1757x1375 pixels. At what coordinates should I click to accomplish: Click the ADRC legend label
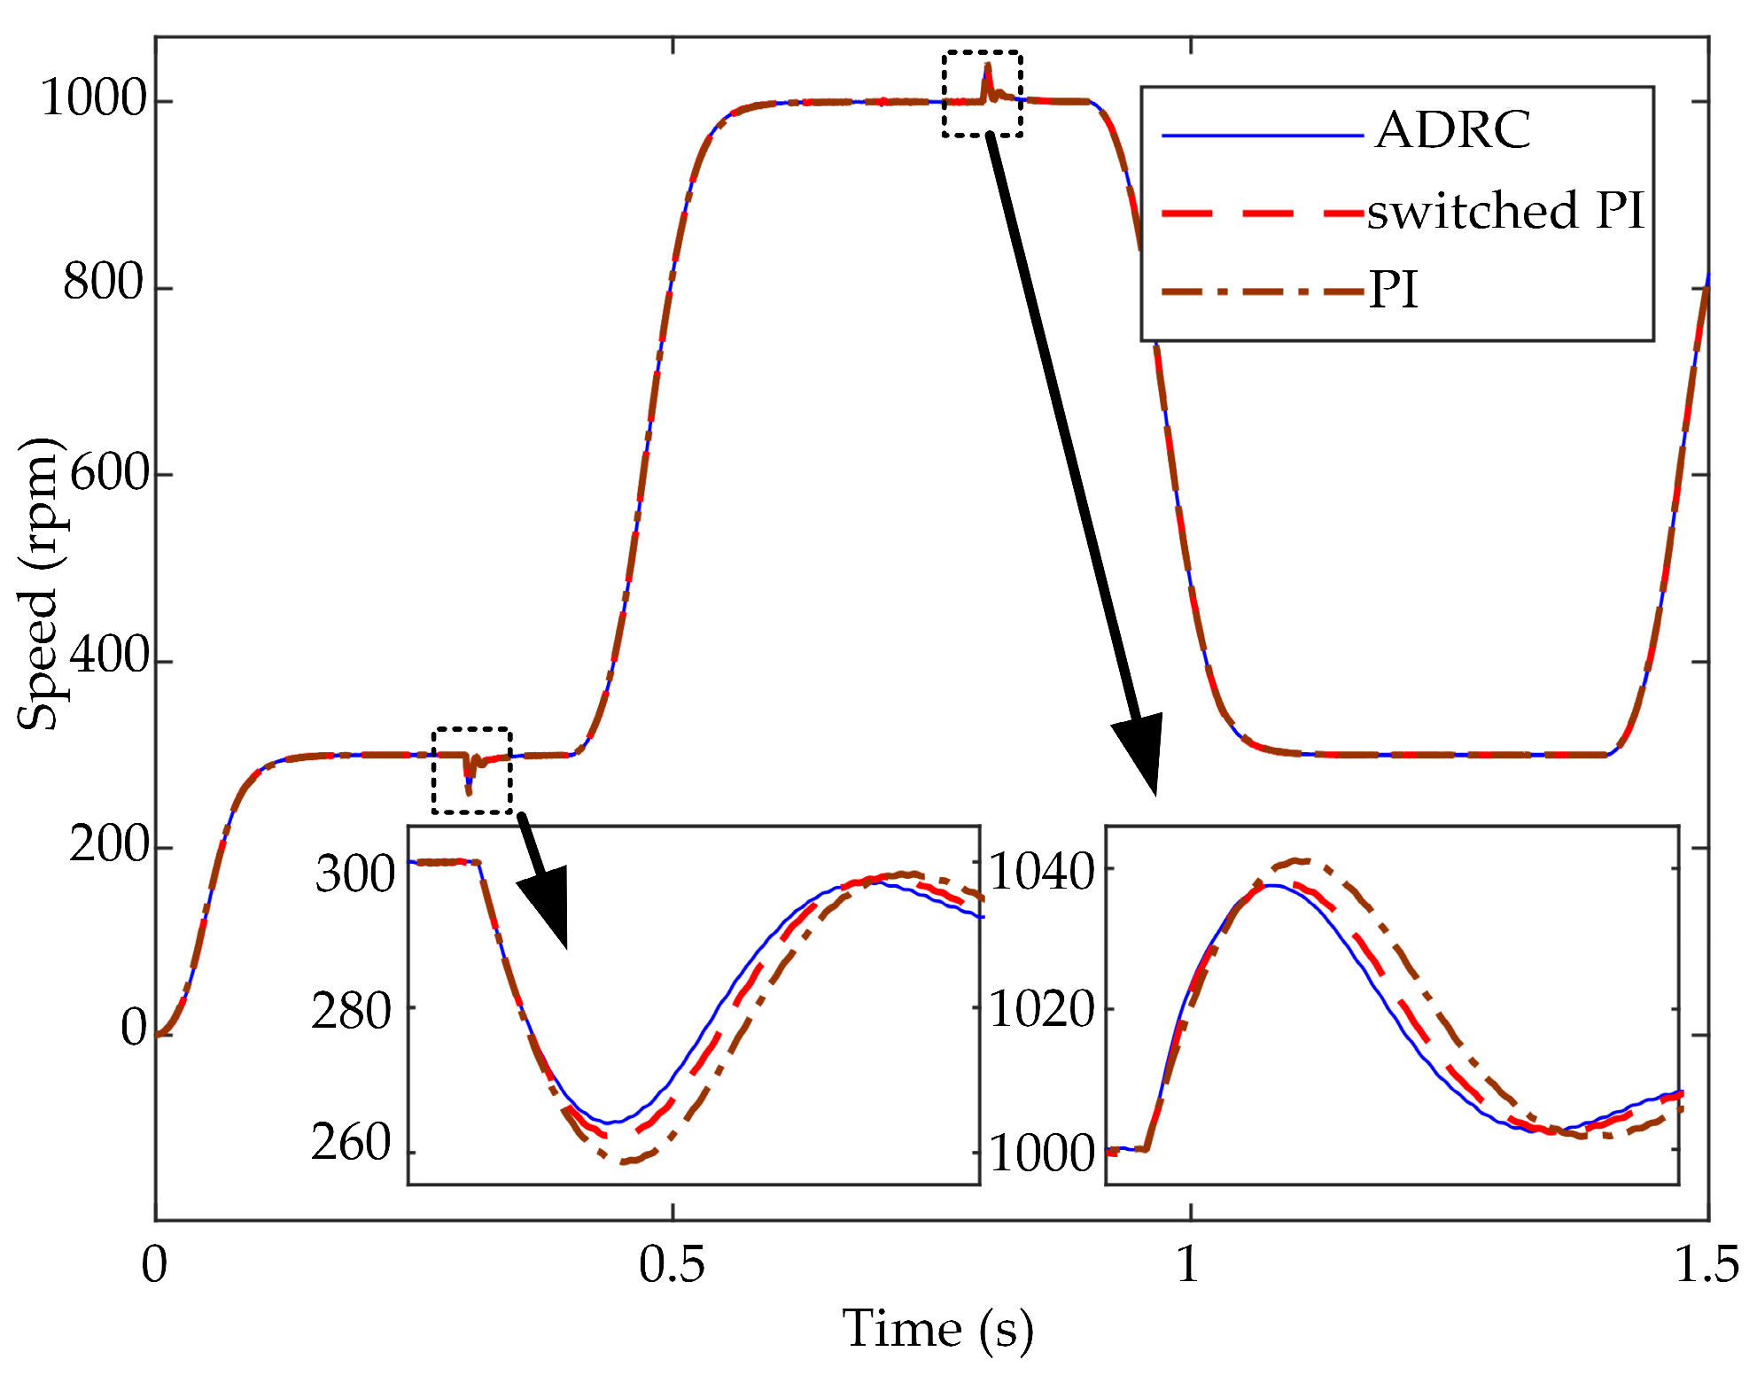tap(1453, 130)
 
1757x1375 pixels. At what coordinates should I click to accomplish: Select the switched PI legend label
tap(1504, 211)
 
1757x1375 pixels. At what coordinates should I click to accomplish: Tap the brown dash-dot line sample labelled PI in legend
tap(1262, 291)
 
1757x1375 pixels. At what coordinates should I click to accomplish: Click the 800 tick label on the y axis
tap(103, 284)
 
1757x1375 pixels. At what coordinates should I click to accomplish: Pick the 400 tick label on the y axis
tap(108, 656)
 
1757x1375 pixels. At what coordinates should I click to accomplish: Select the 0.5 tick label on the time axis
tap(672, 1265)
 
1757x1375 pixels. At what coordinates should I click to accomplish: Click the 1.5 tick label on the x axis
tap(1706, 1265)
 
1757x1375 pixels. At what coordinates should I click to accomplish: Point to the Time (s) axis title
tap(937, 1329)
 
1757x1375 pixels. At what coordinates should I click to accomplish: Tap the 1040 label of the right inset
tap(1042, 873)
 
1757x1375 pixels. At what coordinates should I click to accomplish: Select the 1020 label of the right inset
tap(1042, 1010)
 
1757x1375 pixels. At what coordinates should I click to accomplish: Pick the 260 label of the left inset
tap(351, 1143)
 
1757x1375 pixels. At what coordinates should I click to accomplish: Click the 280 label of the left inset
tap(351, 1012)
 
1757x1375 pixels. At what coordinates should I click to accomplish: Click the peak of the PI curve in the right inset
tap(1298, 860)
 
